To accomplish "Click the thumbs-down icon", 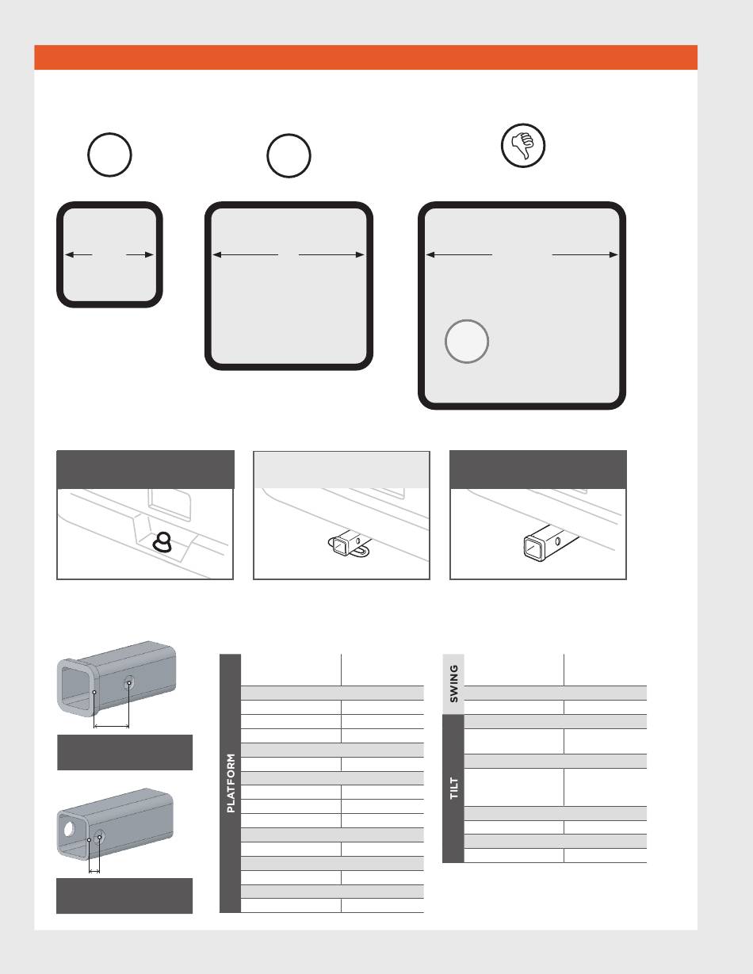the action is pyautogui.click(x=523, y=145).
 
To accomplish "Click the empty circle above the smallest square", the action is pyautogui.click(x=109, y=134).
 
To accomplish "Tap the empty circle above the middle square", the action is pyautogui.click(x=289, y=135).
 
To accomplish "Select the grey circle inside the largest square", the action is pyautogui.click(x=467, y=342).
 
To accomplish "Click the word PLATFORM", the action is pyautogui.click(x=231, y=783).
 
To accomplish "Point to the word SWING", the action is pyautogui.click(x=453, y=684).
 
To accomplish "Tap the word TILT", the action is pyautogui.click(x=453, y=788).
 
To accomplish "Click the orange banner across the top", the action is pyautogui.click(x=365, y=57).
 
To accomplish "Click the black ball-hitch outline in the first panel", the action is pyautogui.click(x=162, y=542).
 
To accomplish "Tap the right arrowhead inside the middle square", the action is pyautogui.click(x=360, y=255).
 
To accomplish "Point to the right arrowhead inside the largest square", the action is pyautogui.click(x=613, y=255).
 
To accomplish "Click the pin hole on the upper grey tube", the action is pyautogui.click(x=128, y=682).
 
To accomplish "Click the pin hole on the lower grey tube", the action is pyautogui.click(x=100, y=836).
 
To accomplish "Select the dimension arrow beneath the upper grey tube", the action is pyautogui.click(x=111, y=726).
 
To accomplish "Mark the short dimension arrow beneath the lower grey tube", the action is pyautogui.click(x=94, y=871).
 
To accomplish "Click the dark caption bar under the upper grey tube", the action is pyautogui.click(x=124, y=753).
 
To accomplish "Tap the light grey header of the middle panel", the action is pyautogui.click(x=342, y=470).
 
